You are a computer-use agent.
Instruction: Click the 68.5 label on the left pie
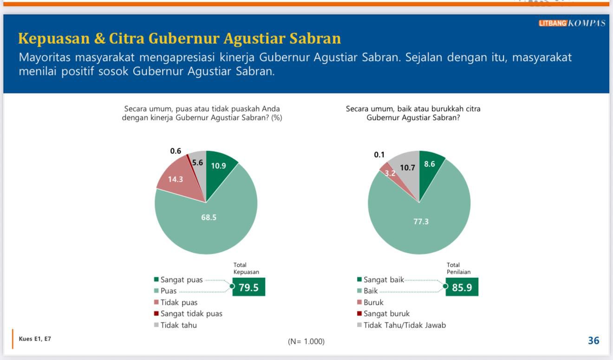209,217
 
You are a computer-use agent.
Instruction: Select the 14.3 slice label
176,179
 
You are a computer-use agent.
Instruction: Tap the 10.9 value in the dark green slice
218,165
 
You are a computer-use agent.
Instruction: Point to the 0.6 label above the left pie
176,151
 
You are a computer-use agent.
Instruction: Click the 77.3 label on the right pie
421,222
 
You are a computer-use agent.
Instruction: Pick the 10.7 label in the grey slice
407,168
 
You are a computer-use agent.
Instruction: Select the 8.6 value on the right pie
430,164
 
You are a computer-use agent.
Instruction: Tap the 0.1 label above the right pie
379,155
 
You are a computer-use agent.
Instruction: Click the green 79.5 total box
248,287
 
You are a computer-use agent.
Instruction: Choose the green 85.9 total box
462,287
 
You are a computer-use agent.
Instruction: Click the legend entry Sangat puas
181,280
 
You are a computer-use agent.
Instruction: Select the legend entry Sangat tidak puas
191,314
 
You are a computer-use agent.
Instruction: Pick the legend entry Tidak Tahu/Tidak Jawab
404,325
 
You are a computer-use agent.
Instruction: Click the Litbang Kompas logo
572,23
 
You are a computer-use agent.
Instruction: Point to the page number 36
593,340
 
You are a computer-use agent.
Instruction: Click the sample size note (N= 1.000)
306,342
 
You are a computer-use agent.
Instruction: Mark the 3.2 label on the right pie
391,173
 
